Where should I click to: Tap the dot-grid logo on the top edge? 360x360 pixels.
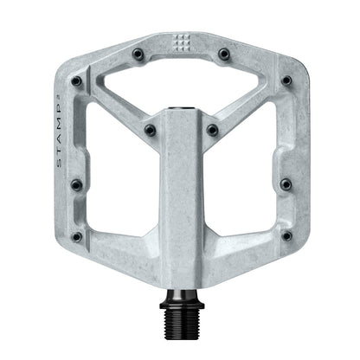(x=181, y=42)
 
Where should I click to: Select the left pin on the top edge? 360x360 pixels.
(x=138, y=54)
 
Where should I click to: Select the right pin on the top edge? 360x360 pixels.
(x=224, y=54)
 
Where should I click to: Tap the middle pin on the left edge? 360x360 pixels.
(x=75, y=184)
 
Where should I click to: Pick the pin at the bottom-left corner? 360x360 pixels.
(x=77, y=235)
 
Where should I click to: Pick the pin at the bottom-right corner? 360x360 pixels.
(x=285, y=235)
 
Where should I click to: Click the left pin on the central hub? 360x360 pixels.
(x=150, y=131)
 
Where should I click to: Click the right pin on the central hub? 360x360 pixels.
(x=212, y=131)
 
